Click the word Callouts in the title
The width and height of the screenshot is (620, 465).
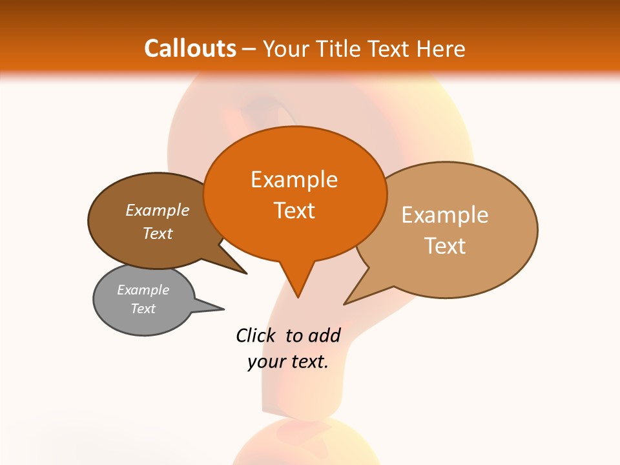[x=190, y=48]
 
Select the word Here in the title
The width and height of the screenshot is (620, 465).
[x=440, y=48]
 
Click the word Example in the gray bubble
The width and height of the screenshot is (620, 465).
[x=143, y=290]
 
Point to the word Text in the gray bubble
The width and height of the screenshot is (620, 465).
[x=143, y=309]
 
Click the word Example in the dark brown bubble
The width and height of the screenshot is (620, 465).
[x=157, y=210]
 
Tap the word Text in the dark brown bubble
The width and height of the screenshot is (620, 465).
[x=157, y=233]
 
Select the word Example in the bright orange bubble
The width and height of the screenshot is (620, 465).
[x=294, y=180]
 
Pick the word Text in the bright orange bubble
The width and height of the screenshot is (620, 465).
[x=294, y=211]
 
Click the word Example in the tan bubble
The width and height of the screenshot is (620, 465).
[x=444, y=215]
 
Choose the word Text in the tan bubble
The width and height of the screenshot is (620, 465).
[x=444, y=246]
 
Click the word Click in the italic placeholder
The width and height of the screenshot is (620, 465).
[x=256, y=335]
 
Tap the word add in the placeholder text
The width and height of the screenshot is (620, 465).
[x=324, y=335]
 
